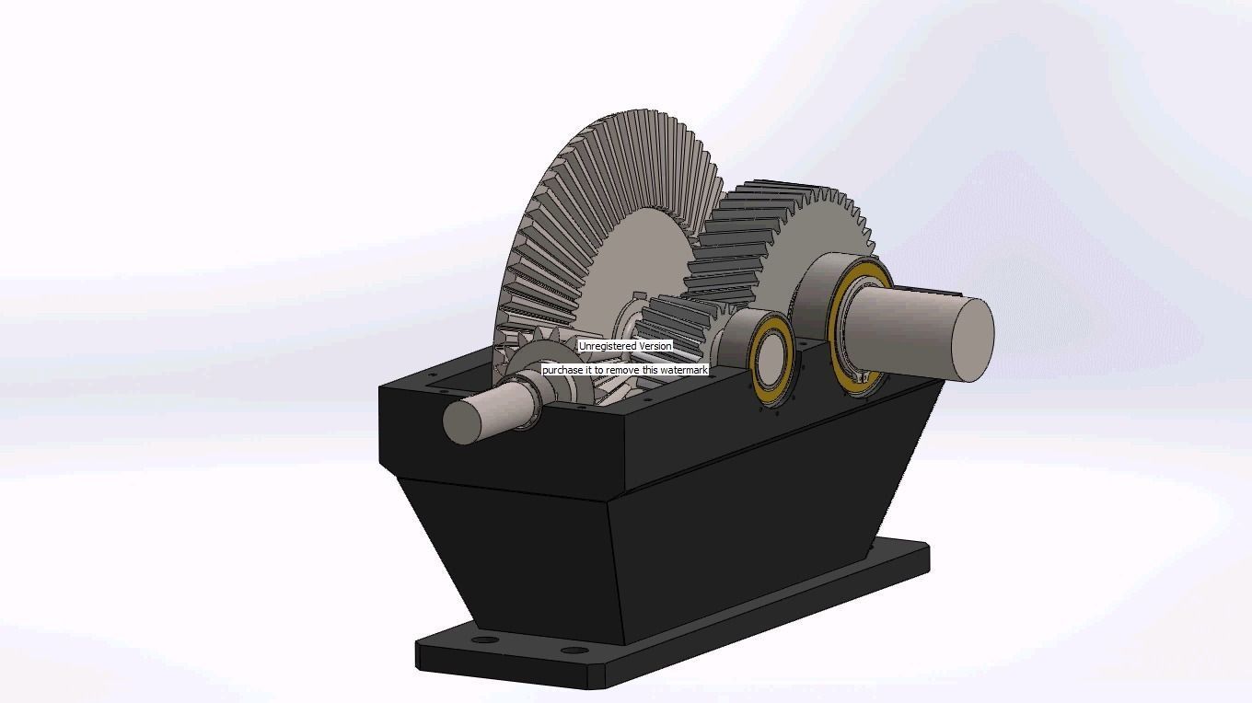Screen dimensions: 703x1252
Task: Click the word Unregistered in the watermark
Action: click(x=608, y=346)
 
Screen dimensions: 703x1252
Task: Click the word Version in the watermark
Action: click(x=655, y=346)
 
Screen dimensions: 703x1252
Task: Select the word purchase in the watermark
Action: click(x=562, y=370)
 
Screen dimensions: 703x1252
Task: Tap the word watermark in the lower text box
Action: click(x=683, y=370)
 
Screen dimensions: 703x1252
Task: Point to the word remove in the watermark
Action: click(x=623, y=370)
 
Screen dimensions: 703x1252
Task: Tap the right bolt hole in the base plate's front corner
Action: click(x=574, y=651)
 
